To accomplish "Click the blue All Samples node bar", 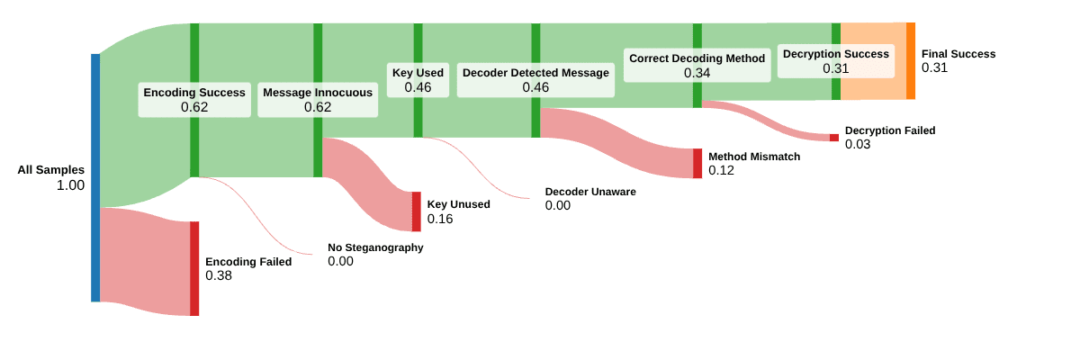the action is [x=95, y=177].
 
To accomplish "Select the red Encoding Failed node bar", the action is [x=194, y=268].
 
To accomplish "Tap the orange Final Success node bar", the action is [x=910, y=60].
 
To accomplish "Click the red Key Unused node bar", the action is [x=416, y=211].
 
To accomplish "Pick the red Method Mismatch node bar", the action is [x=697, y=163].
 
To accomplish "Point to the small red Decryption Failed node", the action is [x=833, y=138].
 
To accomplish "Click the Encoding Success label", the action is [x=194, y=93].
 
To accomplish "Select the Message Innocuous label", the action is [x=318, y=93].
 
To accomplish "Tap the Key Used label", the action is [x=418, y=73].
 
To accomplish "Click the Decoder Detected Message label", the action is [x=535, y=73].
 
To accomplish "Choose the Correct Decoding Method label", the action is [x=697, y=58].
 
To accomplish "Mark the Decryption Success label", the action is [x=835, y=54].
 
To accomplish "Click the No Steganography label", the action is [x=375, y=247].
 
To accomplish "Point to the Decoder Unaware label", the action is [x=590, y=192].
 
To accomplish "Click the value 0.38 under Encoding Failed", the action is [x=219, y=275].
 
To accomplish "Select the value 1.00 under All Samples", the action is [x=69, y=185].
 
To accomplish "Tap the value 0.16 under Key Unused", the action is [x=440, y=219].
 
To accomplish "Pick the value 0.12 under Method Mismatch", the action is [x=721, y=170].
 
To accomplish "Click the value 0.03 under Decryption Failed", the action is [x=858, y=144].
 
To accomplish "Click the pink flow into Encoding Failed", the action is [x=144, y=261].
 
